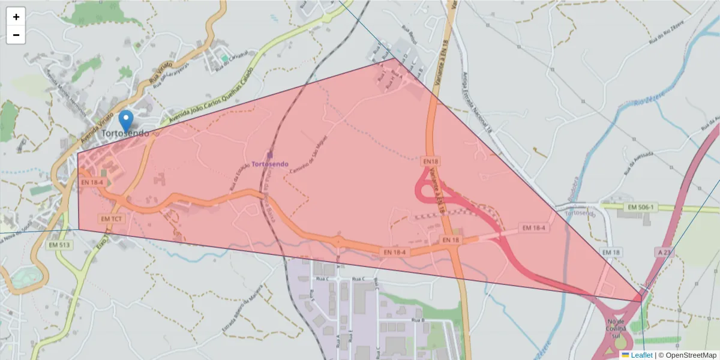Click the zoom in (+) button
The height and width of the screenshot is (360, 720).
(16, 17)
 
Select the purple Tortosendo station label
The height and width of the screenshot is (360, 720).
(269, 164)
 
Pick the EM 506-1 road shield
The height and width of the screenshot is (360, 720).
(640, 207)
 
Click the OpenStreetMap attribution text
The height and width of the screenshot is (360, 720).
(687, 355)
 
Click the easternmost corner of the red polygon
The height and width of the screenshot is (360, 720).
(641, 301)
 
